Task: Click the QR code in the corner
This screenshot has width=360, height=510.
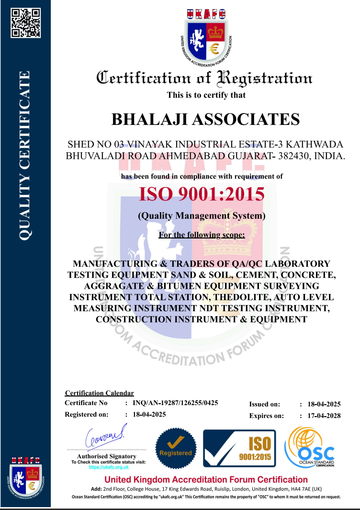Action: [x=25, y=23]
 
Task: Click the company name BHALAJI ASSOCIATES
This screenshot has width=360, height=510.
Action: [x=205, y=118]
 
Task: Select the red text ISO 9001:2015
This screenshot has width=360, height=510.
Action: [x=202, y=194]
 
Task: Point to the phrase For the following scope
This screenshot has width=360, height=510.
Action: [x=202, y=235]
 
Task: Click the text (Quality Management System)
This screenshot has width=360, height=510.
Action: [x=202, y=216]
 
